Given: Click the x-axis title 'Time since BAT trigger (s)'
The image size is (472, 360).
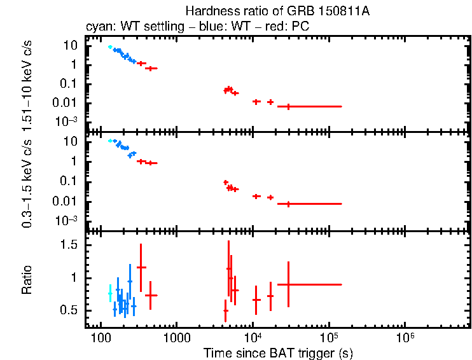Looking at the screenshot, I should [278, 352].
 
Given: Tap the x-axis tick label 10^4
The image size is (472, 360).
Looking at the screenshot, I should [253, 336].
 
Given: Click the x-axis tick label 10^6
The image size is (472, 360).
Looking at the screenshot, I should [405, 336].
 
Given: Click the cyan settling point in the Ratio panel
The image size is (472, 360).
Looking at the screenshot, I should [110, 293].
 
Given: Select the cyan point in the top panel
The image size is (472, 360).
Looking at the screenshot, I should [109, 47].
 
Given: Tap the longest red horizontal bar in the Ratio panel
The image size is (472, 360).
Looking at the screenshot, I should [314, 284].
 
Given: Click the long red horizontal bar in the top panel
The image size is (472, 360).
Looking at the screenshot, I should [314, 106].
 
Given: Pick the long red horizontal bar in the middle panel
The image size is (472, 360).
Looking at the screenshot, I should [314, 204].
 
